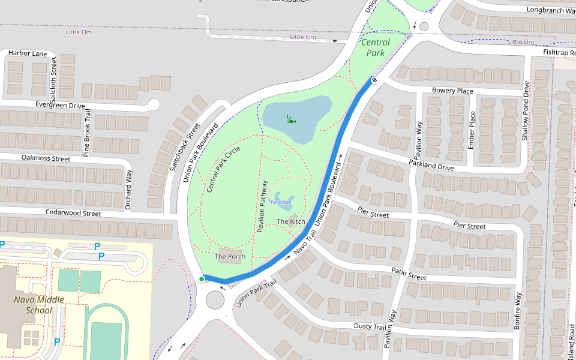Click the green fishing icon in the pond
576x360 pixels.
pyautogui.click(x=291, y=119)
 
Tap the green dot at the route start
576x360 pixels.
pyautogui.click(x=202, y=278)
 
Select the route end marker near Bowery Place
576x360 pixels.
pyautogui.click(x=374, y=81)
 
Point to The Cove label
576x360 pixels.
pyautogui.click(x=280, y=202)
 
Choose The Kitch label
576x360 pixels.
pyautogui.click(x=291, y=221)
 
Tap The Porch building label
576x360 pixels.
pyautogui.click(x=230, y=257)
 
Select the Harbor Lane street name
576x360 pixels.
pyautogui.click(x=28, y=53)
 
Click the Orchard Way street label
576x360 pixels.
pyautogui.click(x=128, y=190)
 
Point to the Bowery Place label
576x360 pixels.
pyautogui.click(x=452, y=91)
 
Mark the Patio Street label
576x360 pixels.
pyautogui.click(x=409, y=275)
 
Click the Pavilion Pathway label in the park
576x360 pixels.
pyautogui.click(x=261, y=206)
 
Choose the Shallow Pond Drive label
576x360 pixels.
pyautogui.click(x=526, y=111)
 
